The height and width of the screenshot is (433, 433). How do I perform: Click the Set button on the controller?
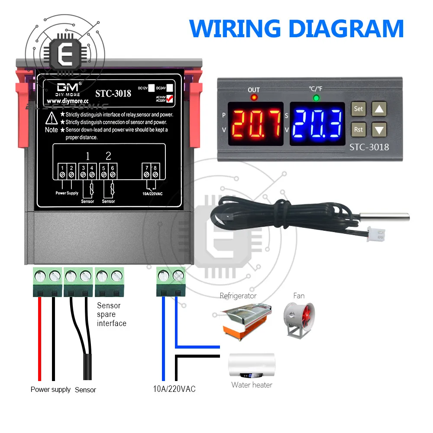(x=358, y=109)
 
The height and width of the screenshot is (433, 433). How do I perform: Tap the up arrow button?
(x=379, y=109)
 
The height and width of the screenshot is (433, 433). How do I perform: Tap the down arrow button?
(x=379, y=129)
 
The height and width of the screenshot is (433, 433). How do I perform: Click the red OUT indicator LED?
(x=254, y=98)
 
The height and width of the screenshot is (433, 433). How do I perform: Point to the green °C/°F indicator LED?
(x=316, y=98)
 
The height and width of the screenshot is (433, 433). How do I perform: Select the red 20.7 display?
(x=255, y=123)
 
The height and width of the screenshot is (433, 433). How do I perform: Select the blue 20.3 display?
(x=317, y=123)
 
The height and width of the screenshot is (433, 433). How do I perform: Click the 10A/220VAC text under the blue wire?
(x=174, y=389)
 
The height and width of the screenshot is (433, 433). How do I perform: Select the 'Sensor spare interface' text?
(x=111, y=314)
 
